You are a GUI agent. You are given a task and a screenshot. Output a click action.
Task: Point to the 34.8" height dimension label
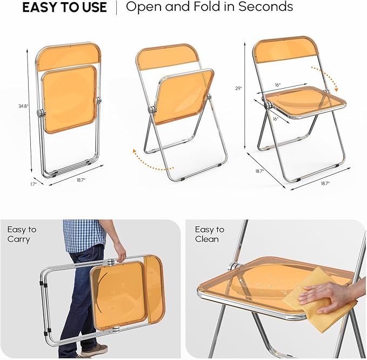coord(23,106)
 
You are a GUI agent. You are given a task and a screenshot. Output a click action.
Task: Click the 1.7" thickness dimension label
coord(34,184)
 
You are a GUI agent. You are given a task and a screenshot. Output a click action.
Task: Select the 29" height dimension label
coord(238,89)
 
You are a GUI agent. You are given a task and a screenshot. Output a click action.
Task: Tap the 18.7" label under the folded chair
coord(81,180)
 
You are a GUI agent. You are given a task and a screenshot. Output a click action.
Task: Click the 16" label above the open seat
coord(278,85)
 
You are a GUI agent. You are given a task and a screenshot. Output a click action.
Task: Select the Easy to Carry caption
coord(22,234)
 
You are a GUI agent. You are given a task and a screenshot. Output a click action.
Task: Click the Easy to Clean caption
coord(210,234)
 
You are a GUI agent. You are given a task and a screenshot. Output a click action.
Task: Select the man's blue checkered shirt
coord(84,236)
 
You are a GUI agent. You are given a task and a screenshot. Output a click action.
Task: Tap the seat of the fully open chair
coord(305,102)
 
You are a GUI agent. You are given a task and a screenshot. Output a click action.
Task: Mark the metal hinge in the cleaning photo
coord(235,266)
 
